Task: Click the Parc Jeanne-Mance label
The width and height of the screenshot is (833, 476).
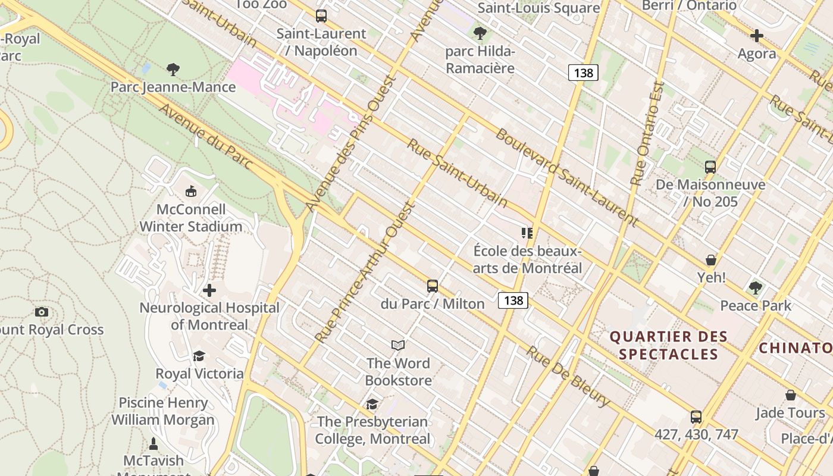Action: click(x=173, y=87)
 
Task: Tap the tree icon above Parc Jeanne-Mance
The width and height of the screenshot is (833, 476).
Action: click(x=173, y=70)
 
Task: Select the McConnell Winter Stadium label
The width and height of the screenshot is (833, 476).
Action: click(x=191, y=218)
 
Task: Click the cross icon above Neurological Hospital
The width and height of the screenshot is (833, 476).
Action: click(x=209, y=290)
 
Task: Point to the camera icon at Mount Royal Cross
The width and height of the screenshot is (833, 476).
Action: click(x=41, y=312)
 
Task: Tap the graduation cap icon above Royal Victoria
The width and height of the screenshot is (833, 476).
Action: click(x=199, y=356)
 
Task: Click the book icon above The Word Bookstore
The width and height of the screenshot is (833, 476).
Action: click(x=398, y=345)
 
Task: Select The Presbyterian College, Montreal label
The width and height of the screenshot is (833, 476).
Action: click(x=372, y=430)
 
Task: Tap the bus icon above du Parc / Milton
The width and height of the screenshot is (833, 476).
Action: click(x=433, y=286)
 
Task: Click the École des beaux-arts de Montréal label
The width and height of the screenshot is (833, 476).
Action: click(x=527, y=259)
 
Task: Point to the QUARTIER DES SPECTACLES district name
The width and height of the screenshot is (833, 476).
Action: click(x=669, y=345)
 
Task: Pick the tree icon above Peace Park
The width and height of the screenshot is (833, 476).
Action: click(x=756, y=288)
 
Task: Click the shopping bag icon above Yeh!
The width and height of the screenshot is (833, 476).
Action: click(x=711, y=260)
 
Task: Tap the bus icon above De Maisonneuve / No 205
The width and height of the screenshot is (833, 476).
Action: click(x=710, y=167)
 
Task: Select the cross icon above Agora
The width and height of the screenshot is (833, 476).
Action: click(x=756, y=36)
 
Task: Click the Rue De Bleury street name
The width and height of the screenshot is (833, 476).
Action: click(x=568, y=377)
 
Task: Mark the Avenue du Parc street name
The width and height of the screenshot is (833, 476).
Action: click(x=206, y=137)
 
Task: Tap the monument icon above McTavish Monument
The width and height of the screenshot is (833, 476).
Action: click(x=154, y=444)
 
